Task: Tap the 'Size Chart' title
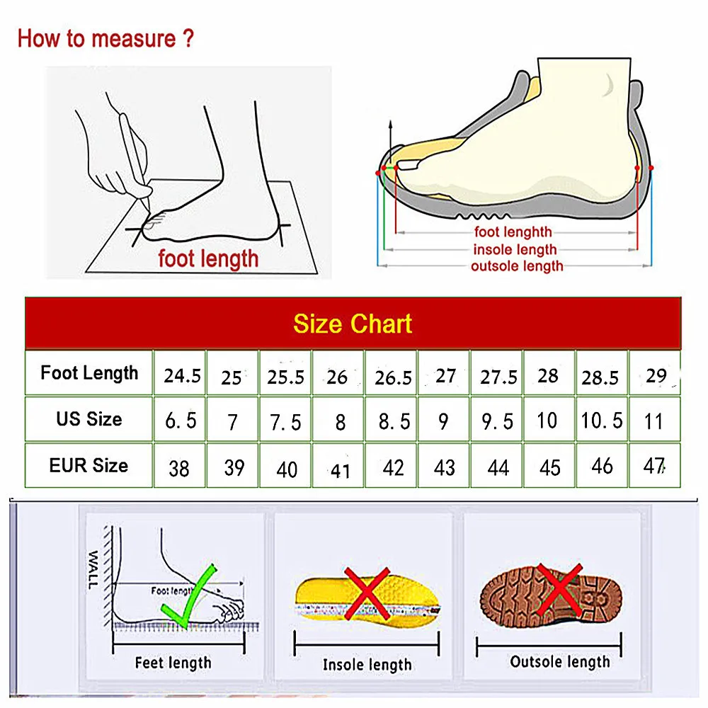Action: (x=353, y=324)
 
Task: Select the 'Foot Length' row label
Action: (x=89, y=373)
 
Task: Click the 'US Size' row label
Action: (x=89, y=419)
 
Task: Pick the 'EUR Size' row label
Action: (x=89, y=466)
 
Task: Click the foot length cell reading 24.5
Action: (x=182, y=375)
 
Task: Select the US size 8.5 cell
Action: (x=394, y=422)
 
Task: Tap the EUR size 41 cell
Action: (x=341, y=469)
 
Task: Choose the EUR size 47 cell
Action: (x=655, y=467)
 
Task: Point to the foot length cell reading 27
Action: (x=445, y=375)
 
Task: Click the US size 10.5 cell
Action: (x=602, y=421)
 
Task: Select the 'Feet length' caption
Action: (x=173, y=663)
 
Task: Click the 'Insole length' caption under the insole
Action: (x=367, y=664)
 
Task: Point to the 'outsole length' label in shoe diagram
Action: (x=517, y=266)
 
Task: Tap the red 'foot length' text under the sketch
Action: (x=208, y=258)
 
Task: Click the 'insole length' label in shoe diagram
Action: (x=515, y=249)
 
